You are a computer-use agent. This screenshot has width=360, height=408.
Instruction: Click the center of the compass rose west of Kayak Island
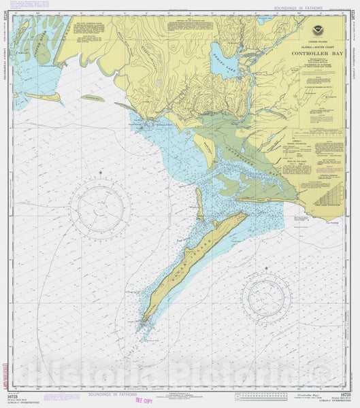point(101,208)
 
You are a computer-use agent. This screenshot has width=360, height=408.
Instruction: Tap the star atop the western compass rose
point(101,174)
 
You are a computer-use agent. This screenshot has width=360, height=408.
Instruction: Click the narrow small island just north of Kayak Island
point(200,204)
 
